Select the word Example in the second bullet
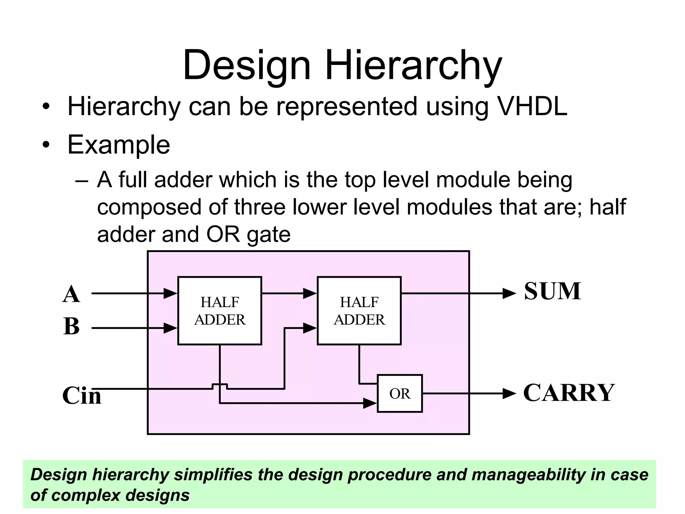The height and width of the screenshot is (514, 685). coord(119,145)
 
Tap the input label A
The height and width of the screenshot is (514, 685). coord(71,294)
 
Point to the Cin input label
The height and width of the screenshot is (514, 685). coord(82,396)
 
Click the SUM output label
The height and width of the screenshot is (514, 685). coord(552,291)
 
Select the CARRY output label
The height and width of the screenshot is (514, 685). coord(569,393)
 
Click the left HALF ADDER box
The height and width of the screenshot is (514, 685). coord(219,311)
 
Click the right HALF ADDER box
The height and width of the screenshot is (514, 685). coord(359,311)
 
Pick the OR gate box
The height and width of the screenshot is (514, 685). coord(400,394)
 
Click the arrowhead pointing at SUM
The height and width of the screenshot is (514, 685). coord(509,293)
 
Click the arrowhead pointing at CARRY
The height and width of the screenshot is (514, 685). coord(509,394)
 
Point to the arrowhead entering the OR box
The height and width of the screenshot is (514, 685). coord(370,403)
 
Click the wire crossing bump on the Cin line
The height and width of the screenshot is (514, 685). coord(220,385)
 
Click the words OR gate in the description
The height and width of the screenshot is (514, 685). coord(248,234)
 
